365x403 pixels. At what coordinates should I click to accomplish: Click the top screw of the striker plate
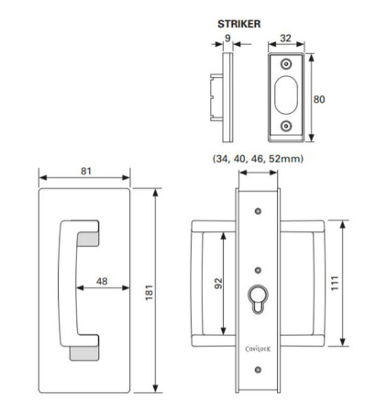tap(286, 65)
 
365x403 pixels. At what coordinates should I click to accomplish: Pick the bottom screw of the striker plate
tap(286, 126)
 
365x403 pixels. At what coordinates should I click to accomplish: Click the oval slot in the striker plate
tap(286, 95)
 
